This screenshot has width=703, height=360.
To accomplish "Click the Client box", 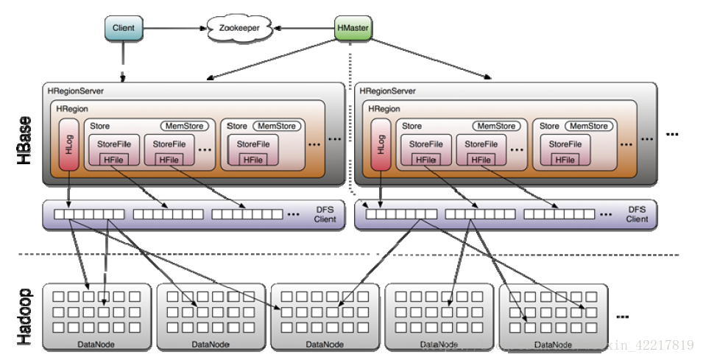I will point(124,28).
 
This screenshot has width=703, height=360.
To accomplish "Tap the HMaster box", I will point(352,28).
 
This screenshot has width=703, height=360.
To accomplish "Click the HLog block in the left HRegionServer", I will point(70,144).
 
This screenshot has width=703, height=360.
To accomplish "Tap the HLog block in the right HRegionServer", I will point(381,144).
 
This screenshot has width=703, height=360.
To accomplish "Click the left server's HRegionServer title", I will point(76,91).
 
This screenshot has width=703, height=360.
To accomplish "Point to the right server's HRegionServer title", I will point(388,91).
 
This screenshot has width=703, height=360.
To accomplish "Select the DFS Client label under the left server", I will point(324,213).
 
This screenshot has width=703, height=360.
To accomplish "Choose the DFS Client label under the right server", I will point(637,213).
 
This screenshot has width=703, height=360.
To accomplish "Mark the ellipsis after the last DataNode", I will point(622,317).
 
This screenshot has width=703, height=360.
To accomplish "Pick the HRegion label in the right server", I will point(384,109).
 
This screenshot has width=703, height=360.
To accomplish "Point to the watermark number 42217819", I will point(663,345).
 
